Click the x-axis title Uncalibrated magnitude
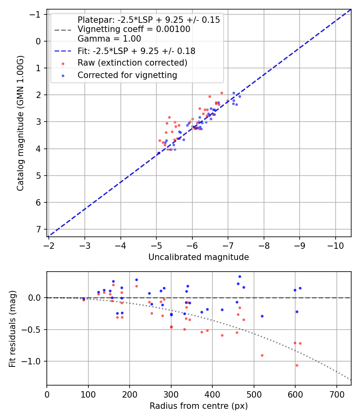pos(198,257)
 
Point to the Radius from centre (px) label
pos(198,406)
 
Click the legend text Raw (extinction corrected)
pos(132,63)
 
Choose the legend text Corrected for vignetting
pos(127,75)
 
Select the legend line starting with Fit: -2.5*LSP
pos(136,51)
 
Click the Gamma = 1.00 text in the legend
pos(109,39)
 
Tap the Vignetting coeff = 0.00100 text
pos(134,29)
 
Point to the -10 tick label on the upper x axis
pos(335,245)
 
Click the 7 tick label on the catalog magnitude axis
pos(38,229)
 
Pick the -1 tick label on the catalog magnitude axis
pos(36,14)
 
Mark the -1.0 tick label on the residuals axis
pos(34,361)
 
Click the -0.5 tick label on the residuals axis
pos(34,330)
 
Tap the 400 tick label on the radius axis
pos(212,394)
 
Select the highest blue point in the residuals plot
pos(240,276)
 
